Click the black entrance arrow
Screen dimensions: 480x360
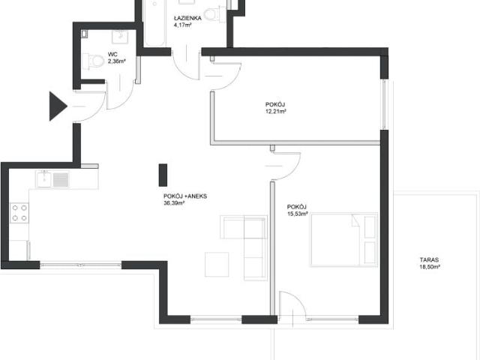pos(58,106)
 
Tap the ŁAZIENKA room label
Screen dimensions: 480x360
pos(187,18)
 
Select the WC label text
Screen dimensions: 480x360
pos(112,55)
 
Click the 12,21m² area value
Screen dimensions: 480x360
pos(276,112)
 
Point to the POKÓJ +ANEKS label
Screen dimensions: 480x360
pos(185,196)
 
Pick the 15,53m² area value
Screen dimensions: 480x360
pos(297,214)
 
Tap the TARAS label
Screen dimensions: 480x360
pos(429,260)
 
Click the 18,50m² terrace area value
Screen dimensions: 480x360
pos(430,267)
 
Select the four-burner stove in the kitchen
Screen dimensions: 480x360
pos(19,213)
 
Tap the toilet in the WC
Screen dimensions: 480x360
pos(93,61)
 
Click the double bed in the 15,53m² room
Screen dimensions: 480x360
pos(344,240)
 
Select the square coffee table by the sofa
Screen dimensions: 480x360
pos(217,265)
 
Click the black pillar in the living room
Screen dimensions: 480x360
pos(163,175)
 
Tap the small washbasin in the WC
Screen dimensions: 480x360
pos(120,37)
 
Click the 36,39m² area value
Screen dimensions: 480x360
pos(174,203)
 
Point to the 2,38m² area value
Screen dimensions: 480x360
pos(117,61)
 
